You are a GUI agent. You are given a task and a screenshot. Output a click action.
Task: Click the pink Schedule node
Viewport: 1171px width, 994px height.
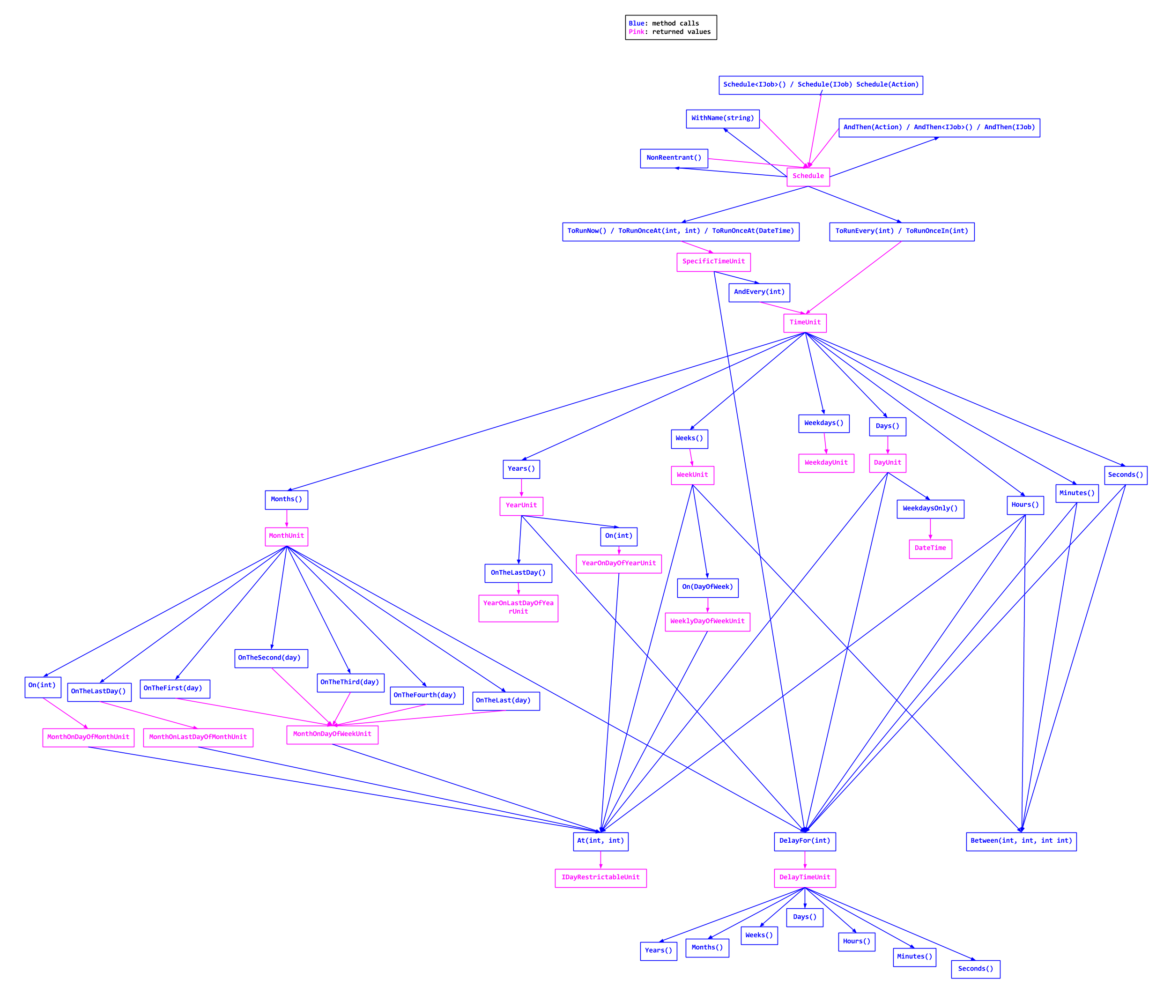point(808,177)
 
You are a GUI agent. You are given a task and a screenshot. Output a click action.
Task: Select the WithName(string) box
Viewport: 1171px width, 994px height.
point(722,119)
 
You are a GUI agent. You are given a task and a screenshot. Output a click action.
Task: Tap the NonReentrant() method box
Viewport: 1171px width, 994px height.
point(674,158)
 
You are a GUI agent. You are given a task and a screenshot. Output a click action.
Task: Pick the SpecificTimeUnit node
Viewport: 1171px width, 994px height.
point(713,262)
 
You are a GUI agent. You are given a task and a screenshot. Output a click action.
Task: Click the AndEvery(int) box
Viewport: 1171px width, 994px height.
point(759,292)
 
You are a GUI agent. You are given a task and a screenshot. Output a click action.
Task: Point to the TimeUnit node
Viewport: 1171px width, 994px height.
point(805,323)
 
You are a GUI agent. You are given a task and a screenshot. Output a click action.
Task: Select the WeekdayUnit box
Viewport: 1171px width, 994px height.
point(826,463)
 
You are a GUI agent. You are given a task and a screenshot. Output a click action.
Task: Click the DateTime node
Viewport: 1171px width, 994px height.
point(930,549)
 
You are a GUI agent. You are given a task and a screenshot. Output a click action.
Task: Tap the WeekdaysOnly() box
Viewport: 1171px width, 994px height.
point(930,509)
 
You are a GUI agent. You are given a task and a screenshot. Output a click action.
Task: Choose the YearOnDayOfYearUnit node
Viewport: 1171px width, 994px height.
point(619,564)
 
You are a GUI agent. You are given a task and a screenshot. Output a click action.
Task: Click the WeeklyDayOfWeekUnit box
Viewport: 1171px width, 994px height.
point(707,622)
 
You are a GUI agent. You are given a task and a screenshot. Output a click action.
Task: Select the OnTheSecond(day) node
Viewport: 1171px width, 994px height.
point(271,658)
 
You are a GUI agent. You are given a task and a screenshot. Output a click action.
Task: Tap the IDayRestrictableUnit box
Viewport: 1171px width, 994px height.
point(600,878)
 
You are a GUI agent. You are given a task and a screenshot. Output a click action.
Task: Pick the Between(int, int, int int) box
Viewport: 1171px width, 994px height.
point(1021,841)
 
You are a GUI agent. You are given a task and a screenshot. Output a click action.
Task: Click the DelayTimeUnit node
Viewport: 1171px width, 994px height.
point(805,878)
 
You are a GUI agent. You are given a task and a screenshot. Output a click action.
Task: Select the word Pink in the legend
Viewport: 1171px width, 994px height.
point(636,32)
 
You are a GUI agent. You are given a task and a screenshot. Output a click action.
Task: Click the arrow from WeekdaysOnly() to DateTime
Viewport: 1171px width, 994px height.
point(930,529)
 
